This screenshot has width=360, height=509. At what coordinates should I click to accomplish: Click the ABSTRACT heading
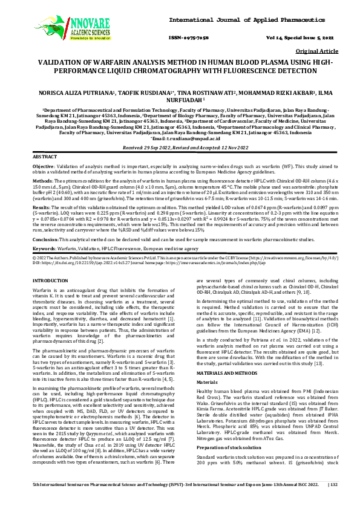point(46,157)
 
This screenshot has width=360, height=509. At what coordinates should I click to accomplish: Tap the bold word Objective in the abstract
point(42,166)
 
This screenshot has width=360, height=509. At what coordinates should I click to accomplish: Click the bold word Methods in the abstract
point(41,181)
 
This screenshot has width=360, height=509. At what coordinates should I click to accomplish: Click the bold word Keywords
point(44,248)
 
